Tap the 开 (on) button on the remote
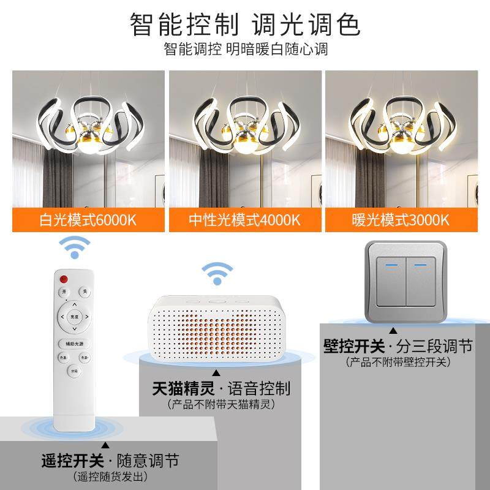click(66, 292)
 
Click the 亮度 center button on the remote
click(74, 317)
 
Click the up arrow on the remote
click(74, 304)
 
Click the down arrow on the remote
click(74, 330)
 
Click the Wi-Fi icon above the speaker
click(217, 274)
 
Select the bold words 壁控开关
click(350, 346)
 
